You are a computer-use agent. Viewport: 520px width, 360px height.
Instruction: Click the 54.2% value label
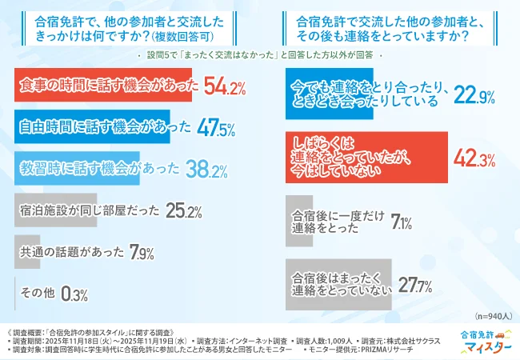point(225,86)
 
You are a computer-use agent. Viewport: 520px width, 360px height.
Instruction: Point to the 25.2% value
point(184,212)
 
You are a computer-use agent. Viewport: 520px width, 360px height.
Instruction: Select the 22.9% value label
point(474,95)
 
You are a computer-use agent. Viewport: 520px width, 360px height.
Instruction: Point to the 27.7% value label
point(415,286)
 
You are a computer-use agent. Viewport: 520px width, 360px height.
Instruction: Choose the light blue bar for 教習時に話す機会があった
point(77,170)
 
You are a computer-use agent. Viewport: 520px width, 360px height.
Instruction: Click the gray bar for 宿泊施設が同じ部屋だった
point(56,212)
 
